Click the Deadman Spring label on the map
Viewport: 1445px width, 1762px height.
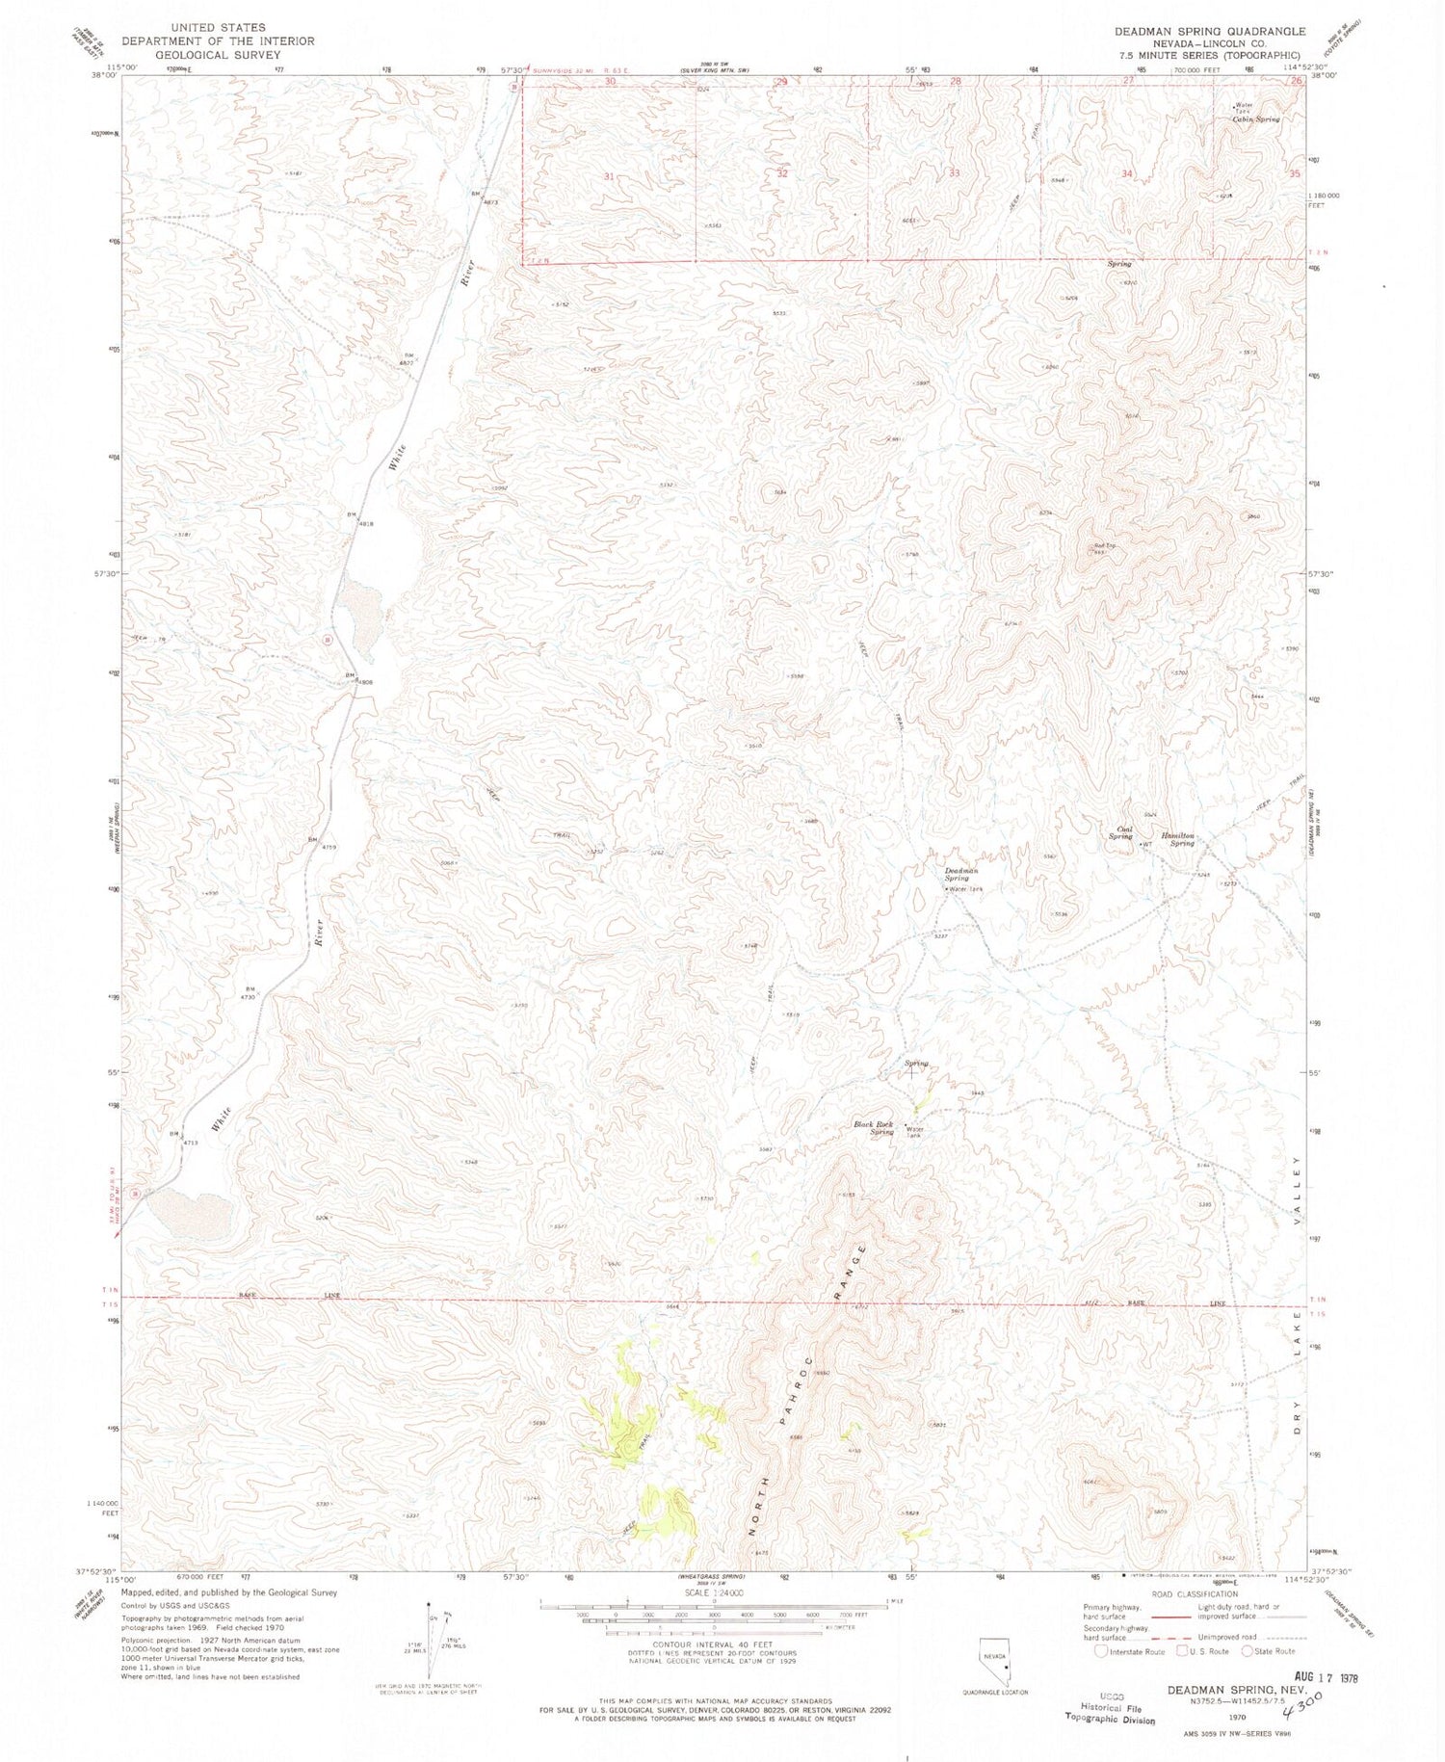956,874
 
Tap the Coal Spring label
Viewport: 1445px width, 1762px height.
1119,832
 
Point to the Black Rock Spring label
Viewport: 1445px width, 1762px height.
876,1128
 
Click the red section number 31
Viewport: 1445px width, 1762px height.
609,176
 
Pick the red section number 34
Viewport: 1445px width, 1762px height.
1128,174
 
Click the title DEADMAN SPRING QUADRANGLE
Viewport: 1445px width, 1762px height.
1210,32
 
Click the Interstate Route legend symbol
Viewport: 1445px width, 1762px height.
1100,1650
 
